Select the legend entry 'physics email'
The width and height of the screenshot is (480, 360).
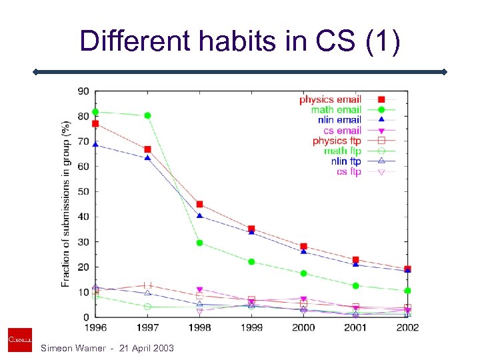330,99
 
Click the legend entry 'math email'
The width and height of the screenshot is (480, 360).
336,109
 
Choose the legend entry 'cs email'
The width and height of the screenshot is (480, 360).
342,131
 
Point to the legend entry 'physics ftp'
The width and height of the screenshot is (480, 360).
337,141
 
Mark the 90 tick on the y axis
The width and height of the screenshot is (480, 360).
84,91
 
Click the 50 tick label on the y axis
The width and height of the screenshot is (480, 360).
84,191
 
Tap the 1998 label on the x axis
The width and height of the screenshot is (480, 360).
199,327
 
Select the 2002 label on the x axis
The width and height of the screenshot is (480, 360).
407,327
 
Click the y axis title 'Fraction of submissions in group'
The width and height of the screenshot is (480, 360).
66,203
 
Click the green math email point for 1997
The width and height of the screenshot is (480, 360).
147,115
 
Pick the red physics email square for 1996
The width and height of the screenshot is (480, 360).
95,123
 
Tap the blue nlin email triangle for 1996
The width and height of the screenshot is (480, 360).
95,144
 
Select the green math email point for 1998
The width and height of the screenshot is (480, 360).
199,243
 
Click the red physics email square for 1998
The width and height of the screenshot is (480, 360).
199,204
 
